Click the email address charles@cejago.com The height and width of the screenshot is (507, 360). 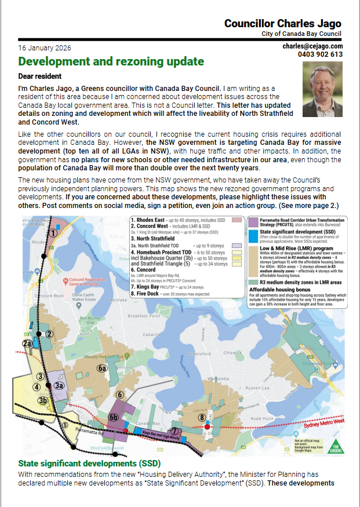tap(312, 46)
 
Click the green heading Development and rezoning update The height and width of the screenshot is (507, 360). tap(111, 61)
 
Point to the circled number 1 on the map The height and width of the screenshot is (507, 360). tap(52, 233)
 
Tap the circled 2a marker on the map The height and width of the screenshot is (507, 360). tap(27, 344)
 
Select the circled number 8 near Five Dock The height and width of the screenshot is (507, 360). tap(202, 417)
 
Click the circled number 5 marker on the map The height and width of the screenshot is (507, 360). tap(65, 424)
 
